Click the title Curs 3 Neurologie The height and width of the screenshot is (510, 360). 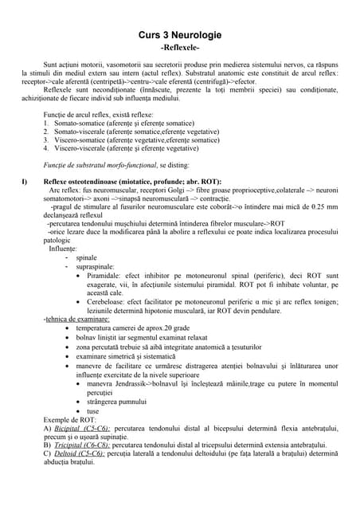tap(180, 36)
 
